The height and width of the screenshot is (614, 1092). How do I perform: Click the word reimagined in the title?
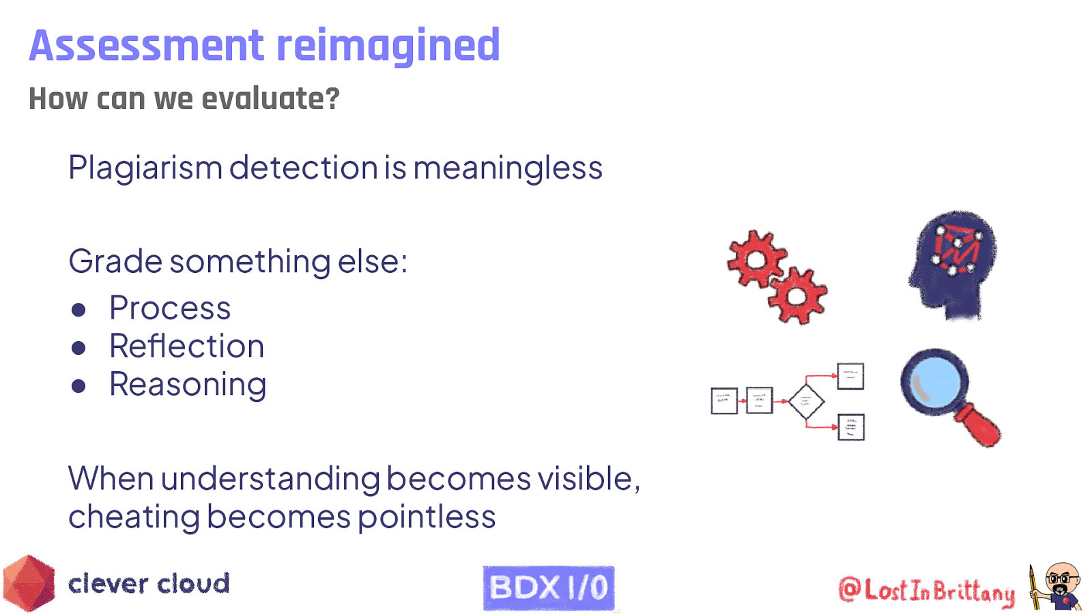coord(388,46)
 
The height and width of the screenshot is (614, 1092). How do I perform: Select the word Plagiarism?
coord(145,168)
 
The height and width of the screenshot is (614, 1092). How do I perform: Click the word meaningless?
coord(508,168)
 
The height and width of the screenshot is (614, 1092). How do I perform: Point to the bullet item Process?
coord(170,308)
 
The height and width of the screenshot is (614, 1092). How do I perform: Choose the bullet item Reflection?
coord(186,347)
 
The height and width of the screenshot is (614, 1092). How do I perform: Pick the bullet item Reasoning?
coord(188,385)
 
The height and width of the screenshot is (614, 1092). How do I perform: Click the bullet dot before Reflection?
coord(78,348)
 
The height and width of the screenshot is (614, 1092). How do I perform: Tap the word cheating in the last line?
coord(134,517)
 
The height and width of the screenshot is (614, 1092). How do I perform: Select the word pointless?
coord(427,517)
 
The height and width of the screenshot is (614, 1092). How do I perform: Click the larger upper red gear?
coord(756,259)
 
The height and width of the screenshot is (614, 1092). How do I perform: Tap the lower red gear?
coord(796,296)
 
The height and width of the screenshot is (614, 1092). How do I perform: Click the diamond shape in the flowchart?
coord(806,401)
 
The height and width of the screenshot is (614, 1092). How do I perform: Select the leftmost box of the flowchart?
coord(723,401)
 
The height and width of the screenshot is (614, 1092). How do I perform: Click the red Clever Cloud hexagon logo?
coord(29,584)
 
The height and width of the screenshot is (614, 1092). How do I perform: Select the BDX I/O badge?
coord(548,587)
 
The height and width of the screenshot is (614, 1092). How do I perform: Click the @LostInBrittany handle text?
coord(926,590)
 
